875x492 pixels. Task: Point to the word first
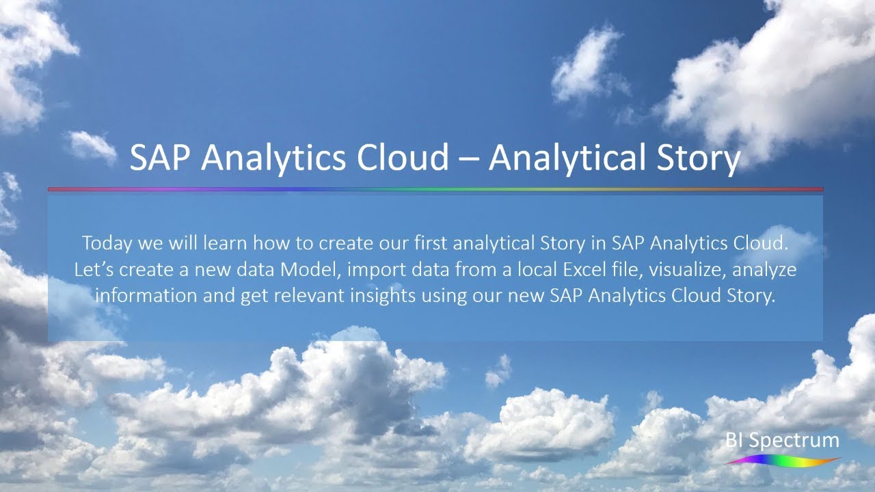(429, 243)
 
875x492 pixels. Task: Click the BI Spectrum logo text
(783, 441)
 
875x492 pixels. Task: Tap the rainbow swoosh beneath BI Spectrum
(783, 461)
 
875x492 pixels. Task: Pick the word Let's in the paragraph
(94, 269)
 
